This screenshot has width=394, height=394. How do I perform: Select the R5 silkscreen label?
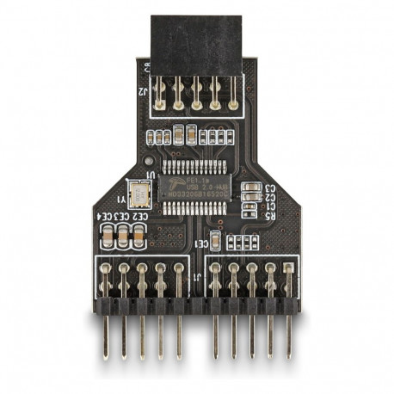coord(269,217)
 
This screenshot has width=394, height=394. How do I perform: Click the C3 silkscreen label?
coord(269,188)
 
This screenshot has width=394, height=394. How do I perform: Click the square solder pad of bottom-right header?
coord(288,277)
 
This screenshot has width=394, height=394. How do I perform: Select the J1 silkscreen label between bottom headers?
coord(197,277)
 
